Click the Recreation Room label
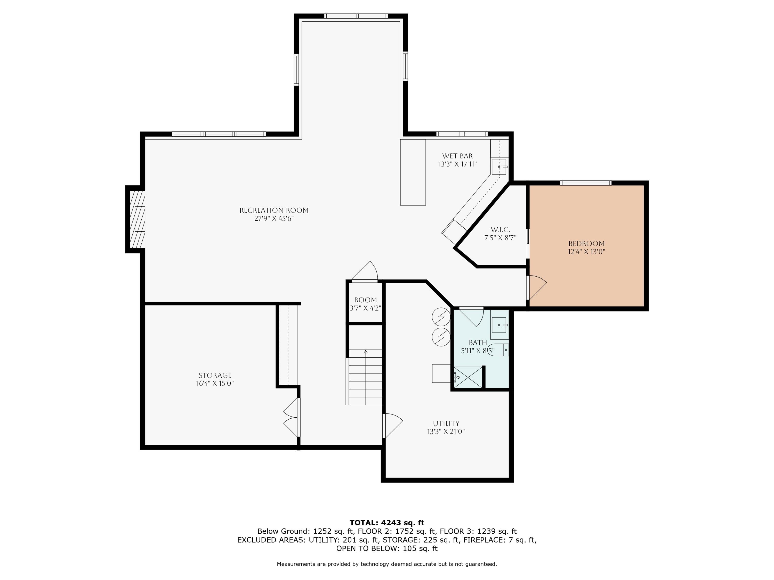pyautogui.click(x=274, y=210)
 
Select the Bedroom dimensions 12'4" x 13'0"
pyautogui.click(x=586, y=251)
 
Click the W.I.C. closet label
pyautogui.click(x=500, y=230)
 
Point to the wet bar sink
pyautogui.click(x=499, y=167)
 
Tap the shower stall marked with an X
pyautogui.click(x=468, y=377)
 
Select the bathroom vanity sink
pyautogui.click(x=499, y=325)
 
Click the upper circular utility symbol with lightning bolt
pyautogui.click(x=441, y=317)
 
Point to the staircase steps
pyautogui.click(x=365, y=378)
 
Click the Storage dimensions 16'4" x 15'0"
pyautogui.click(x=215, y=383)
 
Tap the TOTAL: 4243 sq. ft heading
pyautogui.click(x=387, y=523)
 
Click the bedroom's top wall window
pyautogui.click(x=585, y=183)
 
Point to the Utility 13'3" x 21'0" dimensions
pyautogui.click(x=446, y=432)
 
